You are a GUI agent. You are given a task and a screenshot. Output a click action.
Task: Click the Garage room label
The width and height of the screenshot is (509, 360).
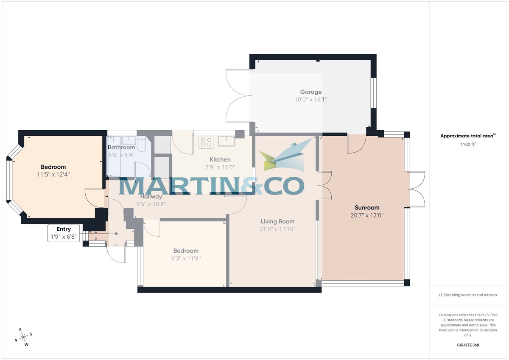pos(311,92)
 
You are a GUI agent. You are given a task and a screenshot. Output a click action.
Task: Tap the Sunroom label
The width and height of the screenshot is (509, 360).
pos(367,208)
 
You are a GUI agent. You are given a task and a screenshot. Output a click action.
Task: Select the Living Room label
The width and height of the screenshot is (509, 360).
pos(277,221)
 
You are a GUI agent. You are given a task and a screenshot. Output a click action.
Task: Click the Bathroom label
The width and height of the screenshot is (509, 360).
pos(121,148)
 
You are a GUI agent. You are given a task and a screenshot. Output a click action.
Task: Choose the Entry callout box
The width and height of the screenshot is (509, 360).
pos(64,233)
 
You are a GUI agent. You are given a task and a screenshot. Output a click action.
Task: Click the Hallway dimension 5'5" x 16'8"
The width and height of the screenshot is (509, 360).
pos(151,204)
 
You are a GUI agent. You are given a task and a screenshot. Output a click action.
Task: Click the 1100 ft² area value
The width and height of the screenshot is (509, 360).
pos(468,145)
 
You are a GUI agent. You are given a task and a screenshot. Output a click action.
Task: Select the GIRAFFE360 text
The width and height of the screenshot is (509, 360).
pos(468,345)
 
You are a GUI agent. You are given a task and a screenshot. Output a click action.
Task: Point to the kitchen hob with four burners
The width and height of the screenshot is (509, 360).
pos(206,142)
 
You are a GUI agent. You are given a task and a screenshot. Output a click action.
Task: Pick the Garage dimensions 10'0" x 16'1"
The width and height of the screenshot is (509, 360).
pos(311,100)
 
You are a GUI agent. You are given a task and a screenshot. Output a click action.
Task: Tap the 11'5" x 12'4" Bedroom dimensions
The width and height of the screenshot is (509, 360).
pos(53,174)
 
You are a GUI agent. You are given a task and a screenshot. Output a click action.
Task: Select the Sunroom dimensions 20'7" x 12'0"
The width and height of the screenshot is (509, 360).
pos(367,215)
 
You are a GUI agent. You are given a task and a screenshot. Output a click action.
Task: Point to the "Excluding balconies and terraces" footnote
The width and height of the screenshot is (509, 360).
pos(468,295)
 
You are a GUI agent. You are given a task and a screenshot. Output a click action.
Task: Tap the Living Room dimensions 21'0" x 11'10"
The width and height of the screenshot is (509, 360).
pos(278,229)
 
